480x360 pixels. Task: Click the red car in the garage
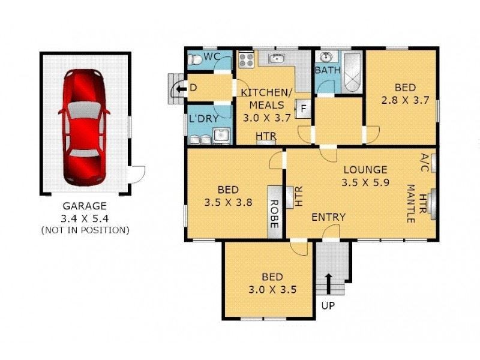pyautogui.click(x=83, y=127)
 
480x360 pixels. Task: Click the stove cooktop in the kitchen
pyautogui.click(x=246, y=59)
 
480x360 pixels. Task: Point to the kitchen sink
pyautogui.click(x=276, y=58)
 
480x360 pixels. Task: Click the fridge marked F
pyautogui.click(x=303, y=109)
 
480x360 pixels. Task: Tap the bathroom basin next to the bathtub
pyautogui.click(x=326, y=58)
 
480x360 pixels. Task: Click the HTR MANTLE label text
pyautogui.click(x=416, y=203)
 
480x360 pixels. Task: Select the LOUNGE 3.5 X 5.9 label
pyautogui.click(x=365, y=176)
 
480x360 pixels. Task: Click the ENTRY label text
pyautogui.click(x=328, y=217)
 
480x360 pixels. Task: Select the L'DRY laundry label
pyautogui.click(x=204, y=118)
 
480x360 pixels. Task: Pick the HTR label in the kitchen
pyautogui.click(x=266, y=137)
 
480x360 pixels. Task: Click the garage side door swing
pyautogui.click(x=137, y=173)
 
